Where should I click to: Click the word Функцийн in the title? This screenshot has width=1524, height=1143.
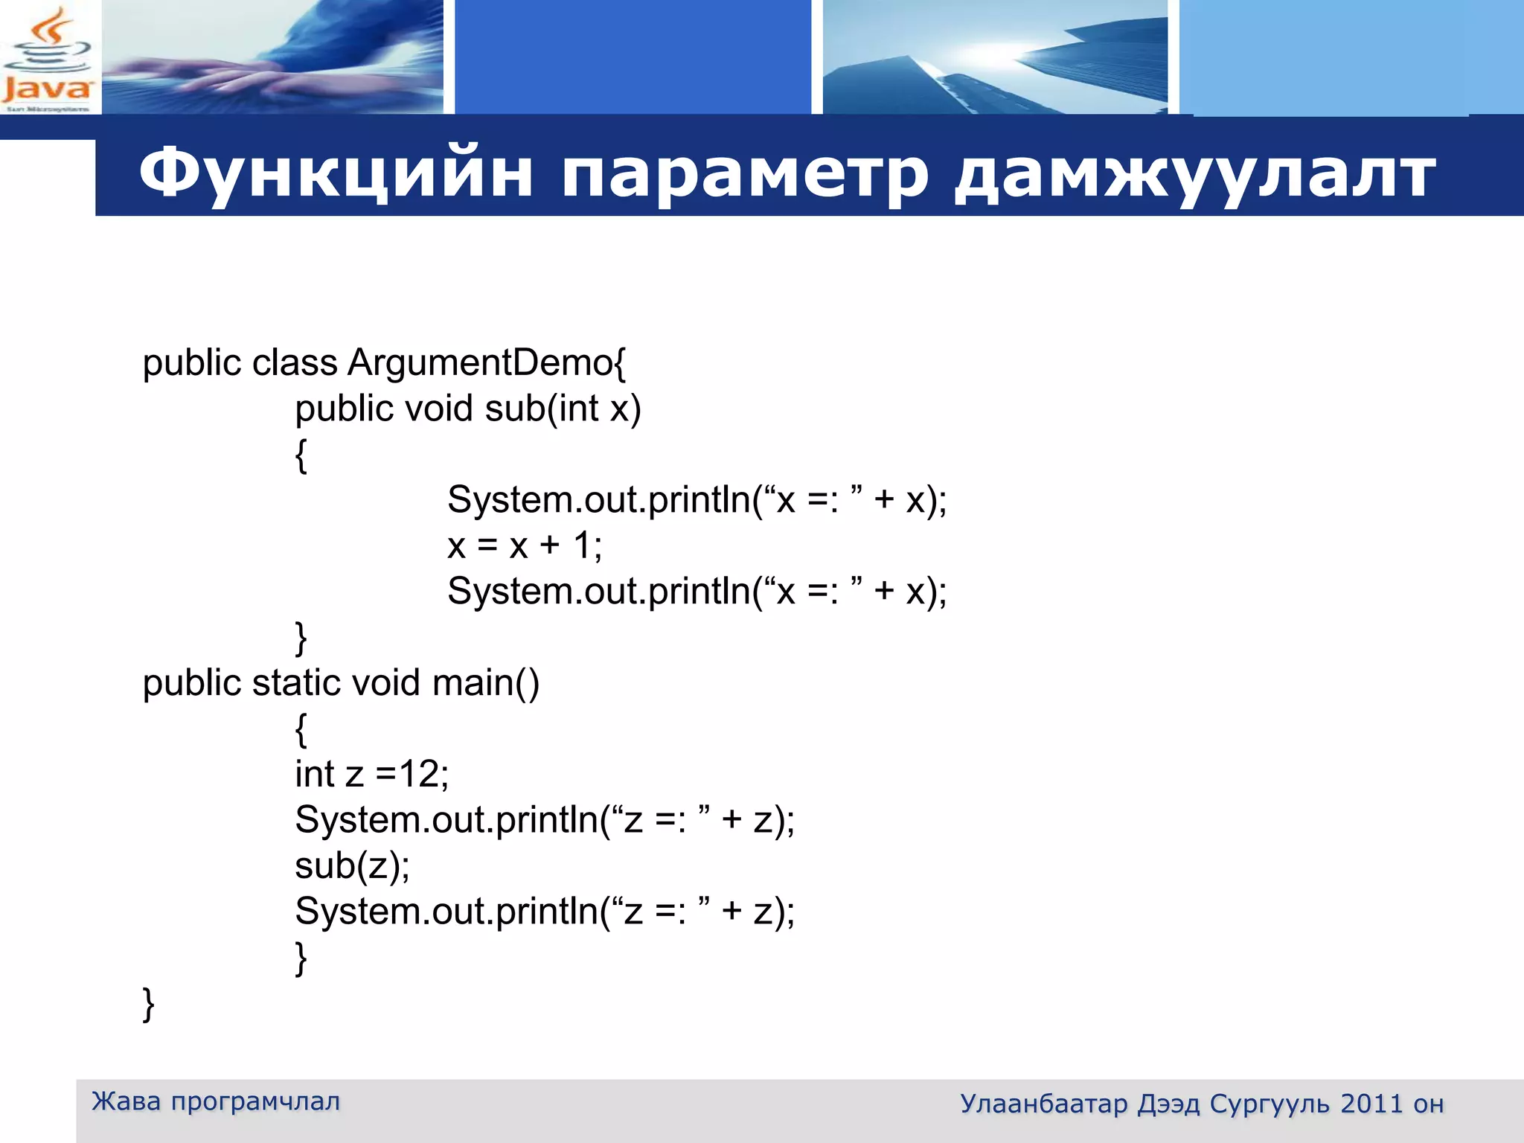tap(335, 173)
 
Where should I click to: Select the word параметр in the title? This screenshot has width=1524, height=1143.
tap(744, 173)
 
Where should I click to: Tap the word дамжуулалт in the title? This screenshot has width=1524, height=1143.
tap(1195, 173)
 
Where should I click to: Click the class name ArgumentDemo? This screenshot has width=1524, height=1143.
tap(481, 363)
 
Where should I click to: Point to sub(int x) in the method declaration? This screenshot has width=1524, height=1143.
tap(563, 409)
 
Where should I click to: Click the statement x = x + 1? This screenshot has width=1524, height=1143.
tap(525, 545)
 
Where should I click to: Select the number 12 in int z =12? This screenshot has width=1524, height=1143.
tap(420, 774)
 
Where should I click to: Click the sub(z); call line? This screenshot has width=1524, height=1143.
tap(352, 865)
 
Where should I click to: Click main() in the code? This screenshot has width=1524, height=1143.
tap(485, 683)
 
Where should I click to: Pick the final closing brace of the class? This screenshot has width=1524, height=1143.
tap(148, 1004)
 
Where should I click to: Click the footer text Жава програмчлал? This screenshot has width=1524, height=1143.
tap(216, 1101)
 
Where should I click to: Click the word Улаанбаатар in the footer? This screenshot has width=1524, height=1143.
tap(1043, 1104)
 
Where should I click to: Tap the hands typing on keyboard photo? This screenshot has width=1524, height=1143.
tap(272, 57)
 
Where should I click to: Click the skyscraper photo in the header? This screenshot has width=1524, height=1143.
tap(995, 57)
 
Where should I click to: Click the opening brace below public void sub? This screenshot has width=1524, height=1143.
tap(301, 455)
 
